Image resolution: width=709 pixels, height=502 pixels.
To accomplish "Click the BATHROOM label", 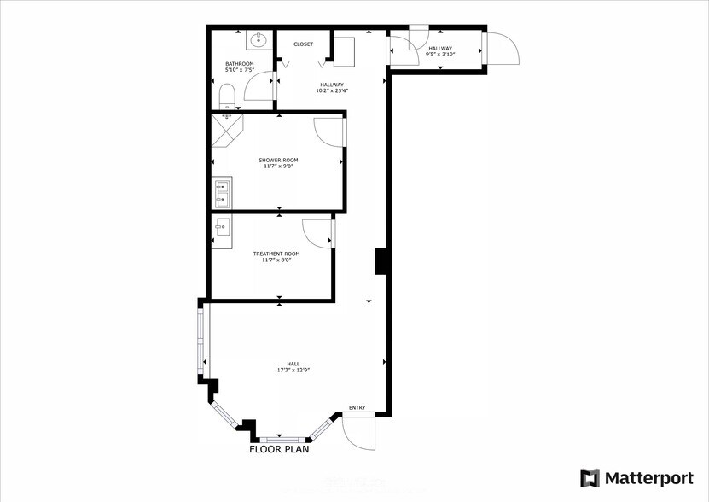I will point(239,63).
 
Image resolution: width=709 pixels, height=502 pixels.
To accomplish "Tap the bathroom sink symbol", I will point(259,38).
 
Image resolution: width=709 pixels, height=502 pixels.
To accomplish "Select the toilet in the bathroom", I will point(227,95).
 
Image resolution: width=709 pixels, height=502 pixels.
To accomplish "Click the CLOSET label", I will point(303,44).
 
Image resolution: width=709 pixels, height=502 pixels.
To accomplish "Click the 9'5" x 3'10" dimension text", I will point(440,55).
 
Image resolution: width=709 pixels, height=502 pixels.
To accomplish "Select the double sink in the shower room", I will point(221,193).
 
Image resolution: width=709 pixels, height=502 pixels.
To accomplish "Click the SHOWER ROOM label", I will point(278,160).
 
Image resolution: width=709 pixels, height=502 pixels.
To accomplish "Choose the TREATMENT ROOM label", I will point(276,254).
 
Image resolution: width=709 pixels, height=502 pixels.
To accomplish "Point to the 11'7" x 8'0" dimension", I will point(276,260).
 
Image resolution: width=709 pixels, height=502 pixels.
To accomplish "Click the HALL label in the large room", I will point(292,364).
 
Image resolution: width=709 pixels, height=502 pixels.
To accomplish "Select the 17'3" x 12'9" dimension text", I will point(292,371).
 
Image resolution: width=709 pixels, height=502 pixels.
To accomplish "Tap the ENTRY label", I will point(357,407).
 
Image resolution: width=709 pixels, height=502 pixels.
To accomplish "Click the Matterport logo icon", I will point(590,477).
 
